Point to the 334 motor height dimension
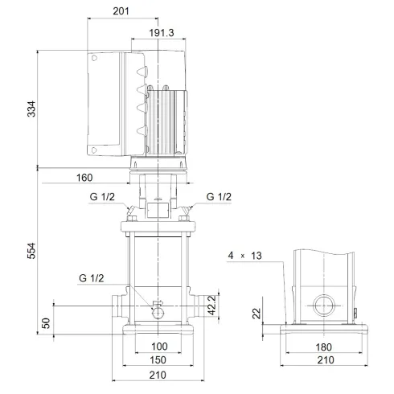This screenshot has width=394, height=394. (x=31, y=111)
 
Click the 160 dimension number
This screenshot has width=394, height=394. (x=84, y=178)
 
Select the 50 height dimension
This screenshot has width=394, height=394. (x=46, y=322)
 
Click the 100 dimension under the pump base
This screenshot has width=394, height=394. (x=159, y=347)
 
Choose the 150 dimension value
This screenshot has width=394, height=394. (x=158, y=359)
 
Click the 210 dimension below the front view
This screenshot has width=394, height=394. (x=158, y=375)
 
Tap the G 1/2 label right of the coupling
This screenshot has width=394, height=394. (x=220, y=196)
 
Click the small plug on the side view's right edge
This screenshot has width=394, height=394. (x=354, y=314)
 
